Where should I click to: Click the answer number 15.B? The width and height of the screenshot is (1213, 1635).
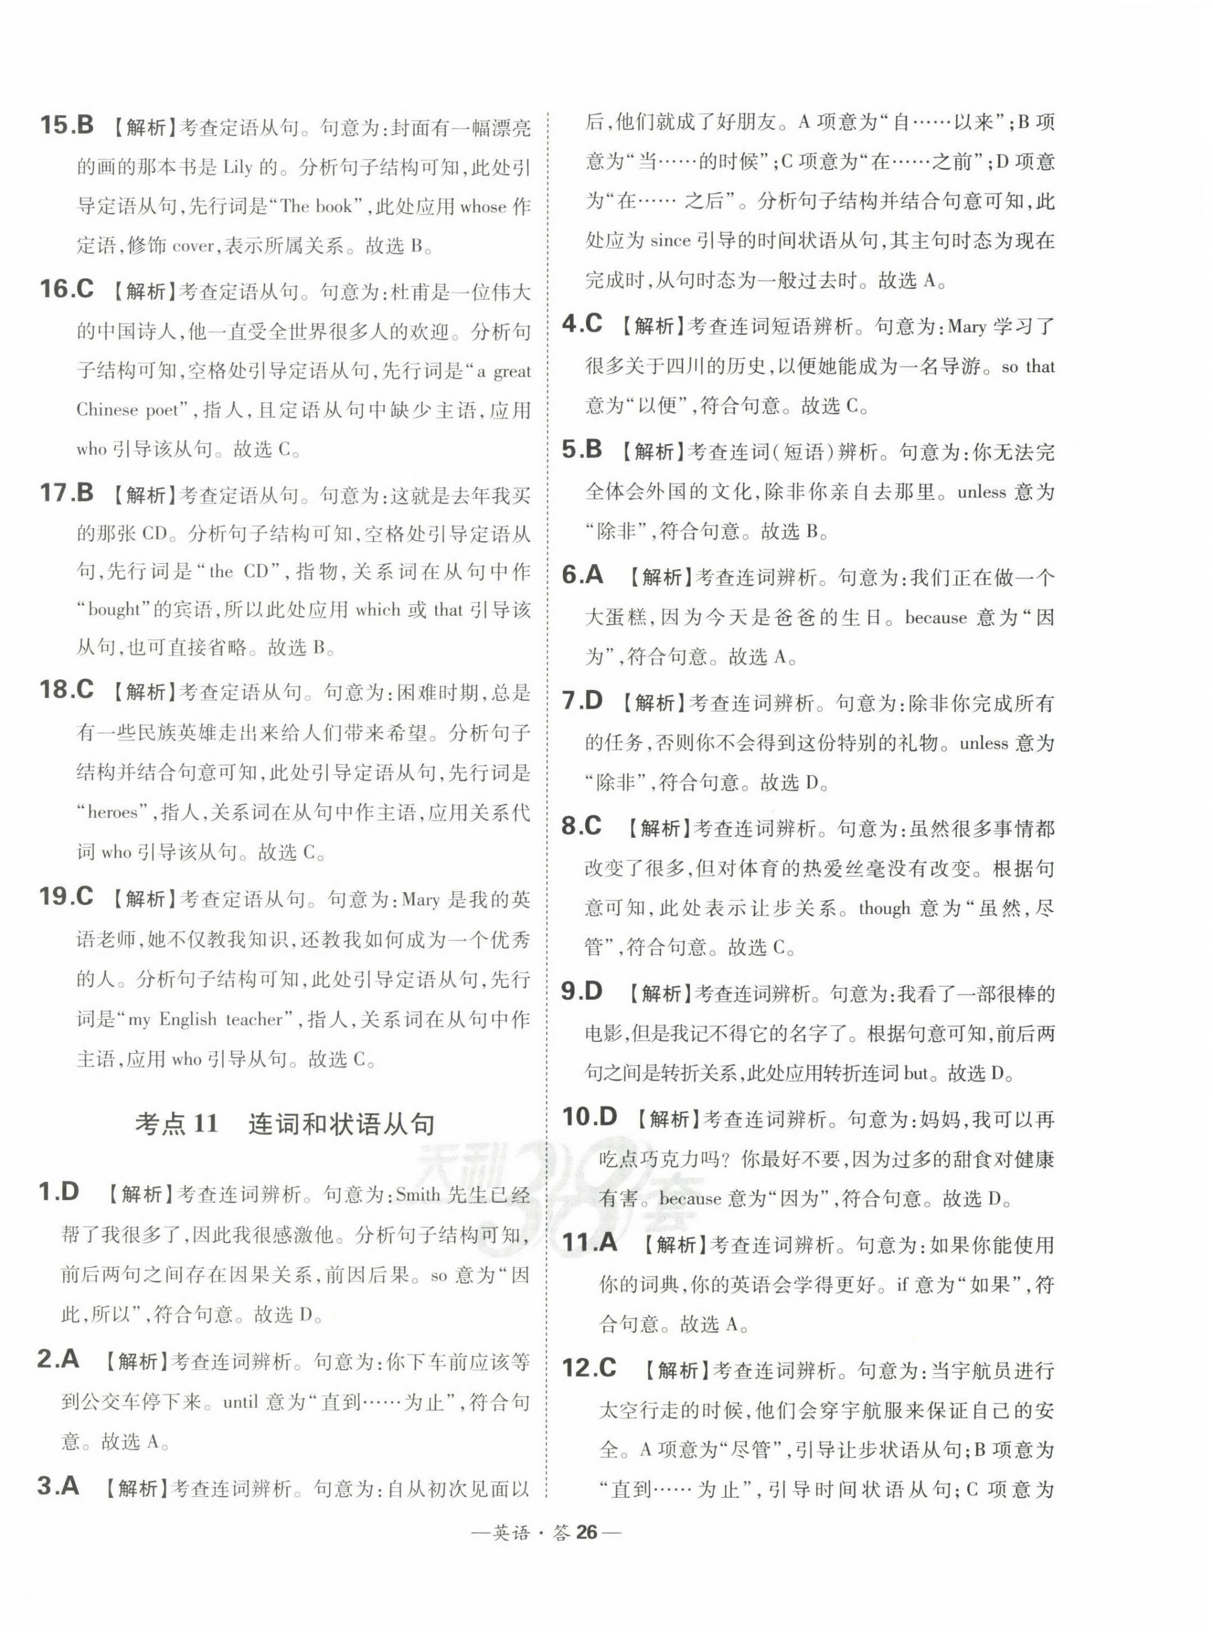click(x=66, y=125)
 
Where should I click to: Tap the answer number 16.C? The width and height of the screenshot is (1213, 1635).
click(x=66, y=289)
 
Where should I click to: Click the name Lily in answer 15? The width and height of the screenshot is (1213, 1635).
click(x=237, y=167)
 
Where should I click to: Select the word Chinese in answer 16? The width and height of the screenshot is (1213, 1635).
click(x=106, y=410)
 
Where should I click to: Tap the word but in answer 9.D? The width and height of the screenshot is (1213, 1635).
click(x=915, y=1074)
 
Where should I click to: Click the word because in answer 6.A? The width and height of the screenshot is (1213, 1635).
click(x=936, y=618)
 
